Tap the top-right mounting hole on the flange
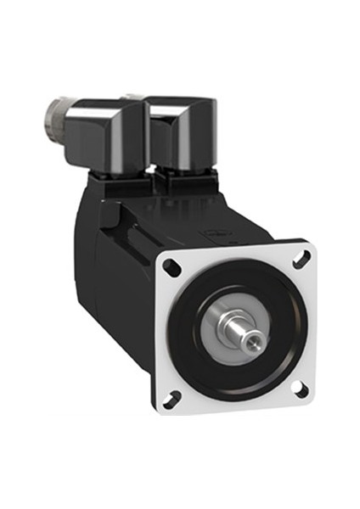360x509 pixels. [300, 256]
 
